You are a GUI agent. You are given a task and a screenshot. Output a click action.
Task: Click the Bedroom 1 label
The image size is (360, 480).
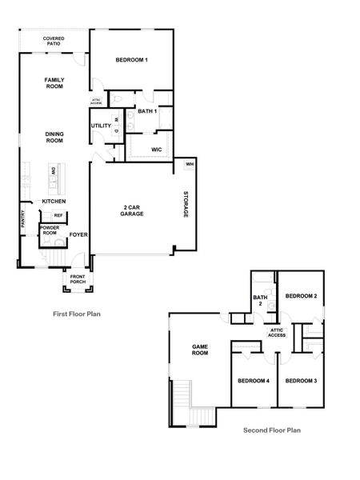click(131, 61)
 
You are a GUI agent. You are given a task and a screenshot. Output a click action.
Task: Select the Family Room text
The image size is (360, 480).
click(54, 82)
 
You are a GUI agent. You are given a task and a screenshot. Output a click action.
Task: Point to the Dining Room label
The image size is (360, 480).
click(54, 138)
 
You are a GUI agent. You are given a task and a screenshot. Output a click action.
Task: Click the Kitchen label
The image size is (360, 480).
click(54, 201)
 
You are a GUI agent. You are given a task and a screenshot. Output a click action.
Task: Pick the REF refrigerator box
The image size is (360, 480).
click(58, 215)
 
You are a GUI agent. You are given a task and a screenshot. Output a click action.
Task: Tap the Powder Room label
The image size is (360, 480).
click(49, 231)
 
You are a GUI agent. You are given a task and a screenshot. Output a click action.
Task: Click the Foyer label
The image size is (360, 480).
click(78, 234)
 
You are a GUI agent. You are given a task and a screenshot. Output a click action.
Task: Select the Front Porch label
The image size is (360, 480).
click(78, 279)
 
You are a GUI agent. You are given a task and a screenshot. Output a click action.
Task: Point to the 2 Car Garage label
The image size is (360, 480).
click(132, 211)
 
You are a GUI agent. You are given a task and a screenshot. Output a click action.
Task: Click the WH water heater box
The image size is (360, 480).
click(190, 165)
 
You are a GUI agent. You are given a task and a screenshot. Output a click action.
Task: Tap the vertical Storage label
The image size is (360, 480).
click(184, 206)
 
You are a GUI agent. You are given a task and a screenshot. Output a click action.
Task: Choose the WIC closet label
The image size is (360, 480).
click(157, 150)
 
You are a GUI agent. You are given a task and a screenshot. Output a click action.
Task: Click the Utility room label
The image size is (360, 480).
click(101, 126)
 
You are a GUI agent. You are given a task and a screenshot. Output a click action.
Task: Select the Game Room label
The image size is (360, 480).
click(200, 350)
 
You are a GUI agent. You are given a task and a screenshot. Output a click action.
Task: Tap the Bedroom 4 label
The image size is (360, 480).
click(253, 380)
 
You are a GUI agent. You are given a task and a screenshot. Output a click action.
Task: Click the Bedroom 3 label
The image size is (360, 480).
click(302, 380)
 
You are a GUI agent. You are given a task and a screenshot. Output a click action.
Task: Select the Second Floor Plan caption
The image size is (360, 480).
click(272, 430)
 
